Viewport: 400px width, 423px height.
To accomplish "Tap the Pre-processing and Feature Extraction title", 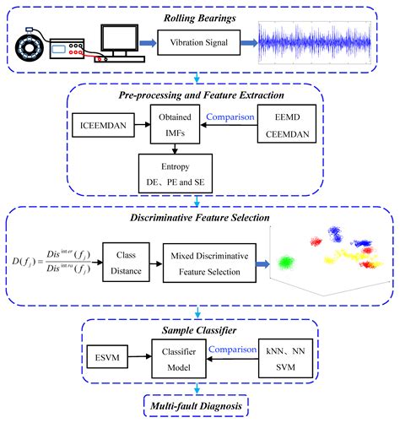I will (197, 97).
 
